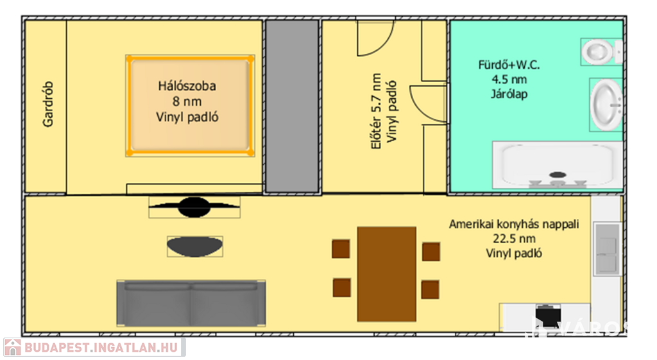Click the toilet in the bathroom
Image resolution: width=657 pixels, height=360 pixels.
pos(601,51)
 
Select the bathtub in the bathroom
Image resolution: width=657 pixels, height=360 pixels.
pos(556,165)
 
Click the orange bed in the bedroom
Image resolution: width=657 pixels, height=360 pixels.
pos(189,105)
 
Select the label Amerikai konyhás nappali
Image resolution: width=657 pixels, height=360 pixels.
pos(514,225)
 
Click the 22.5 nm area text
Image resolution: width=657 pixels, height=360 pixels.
pos(515,239)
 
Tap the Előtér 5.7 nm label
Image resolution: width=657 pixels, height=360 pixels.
pos(377,107)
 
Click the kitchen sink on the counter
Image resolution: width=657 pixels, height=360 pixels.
pos(606,247)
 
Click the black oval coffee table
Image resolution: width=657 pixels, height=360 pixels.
pos(195,246)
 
